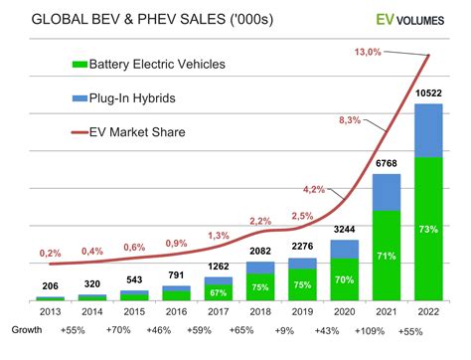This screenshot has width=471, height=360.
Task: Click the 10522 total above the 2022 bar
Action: pos(427,92)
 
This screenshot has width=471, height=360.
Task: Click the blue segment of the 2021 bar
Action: pos(386,191)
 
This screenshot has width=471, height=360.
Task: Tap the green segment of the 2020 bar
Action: pos(345,279)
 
